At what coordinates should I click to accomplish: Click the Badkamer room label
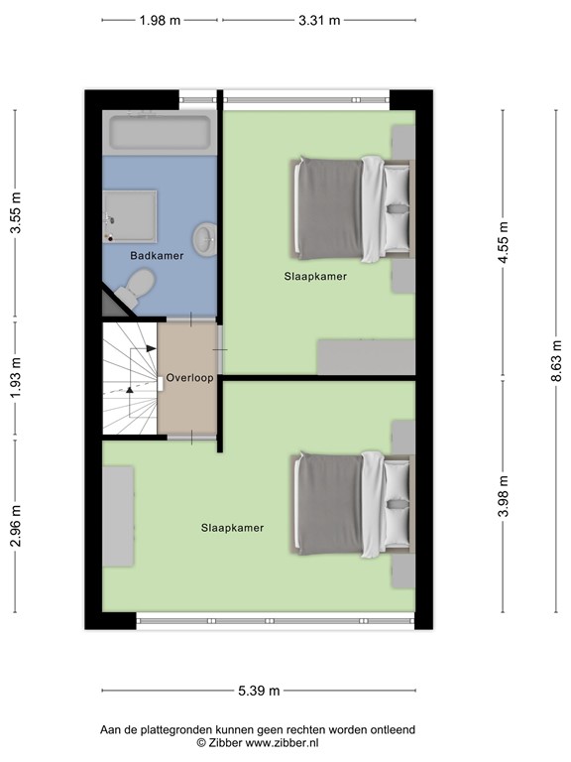click(x=157, y=256)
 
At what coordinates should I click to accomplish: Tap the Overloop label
click(x=190, y=378)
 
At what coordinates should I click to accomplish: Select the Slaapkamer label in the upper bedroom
click(x=315, y=277)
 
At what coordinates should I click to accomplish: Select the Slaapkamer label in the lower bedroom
click(x=232, y=528)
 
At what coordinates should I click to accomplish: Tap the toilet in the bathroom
click(x=134, y=288)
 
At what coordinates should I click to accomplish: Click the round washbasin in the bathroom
click(x=205, y=239)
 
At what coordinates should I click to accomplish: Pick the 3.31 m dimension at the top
click(x=319, y=20)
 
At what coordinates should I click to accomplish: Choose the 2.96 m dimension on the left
click(x=15, y=532)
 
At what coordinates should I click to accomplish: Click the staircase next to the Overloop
click(x=130, y=378)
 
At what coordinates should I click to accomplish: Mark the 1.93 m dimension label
click(x=15, y=379)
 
